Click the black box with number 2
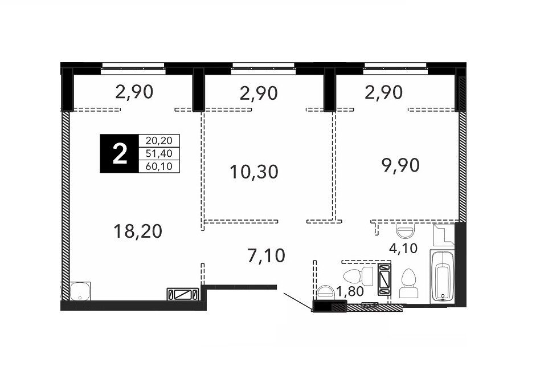point(119,153)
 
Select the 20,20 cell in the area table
point(159,140)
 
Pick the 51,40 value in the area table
point(159,153)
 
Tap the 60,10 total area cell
point(159,166)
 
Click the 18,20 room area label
point(138,231)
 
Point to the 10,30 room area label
point(254,172)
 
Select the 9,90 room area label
point(400,166)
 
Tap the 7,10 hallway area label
point(266,256)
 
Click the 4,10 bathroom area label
point(403,247)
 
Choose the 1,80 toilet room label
point(349,292)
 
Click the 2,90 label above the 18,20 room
point(134,92)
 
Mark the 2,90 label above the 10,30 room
point(259,94)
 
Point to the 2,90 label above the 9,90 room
point(383,93)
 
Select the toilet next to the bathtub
point(408,283)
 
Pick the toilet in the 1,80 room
point(358,277)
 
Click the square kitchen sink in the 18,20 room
point(80,291)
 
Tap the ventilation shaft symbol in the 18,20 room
point(182,295)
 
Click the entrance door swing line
point(297,301)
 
